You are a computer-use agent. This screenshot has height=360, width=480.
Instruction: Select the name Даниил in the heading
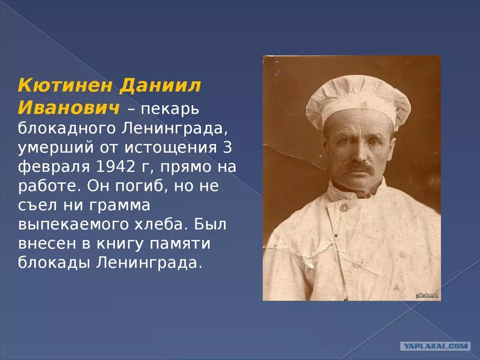(x=161, y=86)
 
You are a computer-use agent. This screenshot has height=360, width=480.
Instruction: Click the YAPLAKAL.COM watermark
(x=435, y=346)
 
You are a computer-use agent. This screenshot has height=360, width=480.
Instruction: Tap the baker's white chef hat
(x=358, y=101)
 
